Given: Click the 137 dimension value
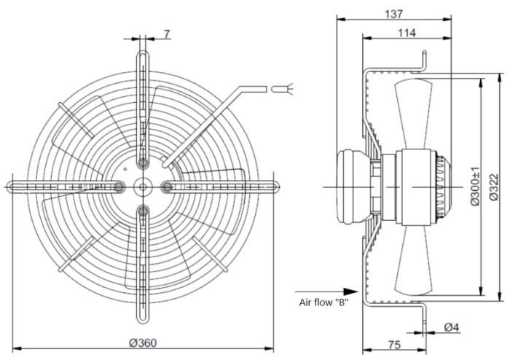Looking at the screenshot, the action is [x=393, y=14].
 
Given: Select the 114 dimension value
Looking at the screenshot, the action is [x=407, y=33].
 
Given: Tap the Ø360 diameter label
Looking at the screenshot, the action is [x=143, y=343].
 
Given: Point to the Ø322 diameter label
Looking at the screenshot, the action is [x=494, y=187].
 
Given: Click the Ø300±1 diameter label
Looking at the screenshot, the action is [x=475, y=186].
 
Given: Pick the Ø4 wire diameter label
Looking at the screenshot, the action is [x=452, y=326].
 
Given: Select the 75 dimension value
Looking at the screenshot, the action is [x=394, y=345].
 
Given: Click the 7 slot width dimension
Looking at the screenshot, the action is [x=167, y=34].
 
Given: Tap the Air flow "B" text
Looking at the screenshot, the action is [x=323, y=302].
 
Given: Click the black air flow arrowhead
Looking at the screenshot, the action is [x=350, y=291].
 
